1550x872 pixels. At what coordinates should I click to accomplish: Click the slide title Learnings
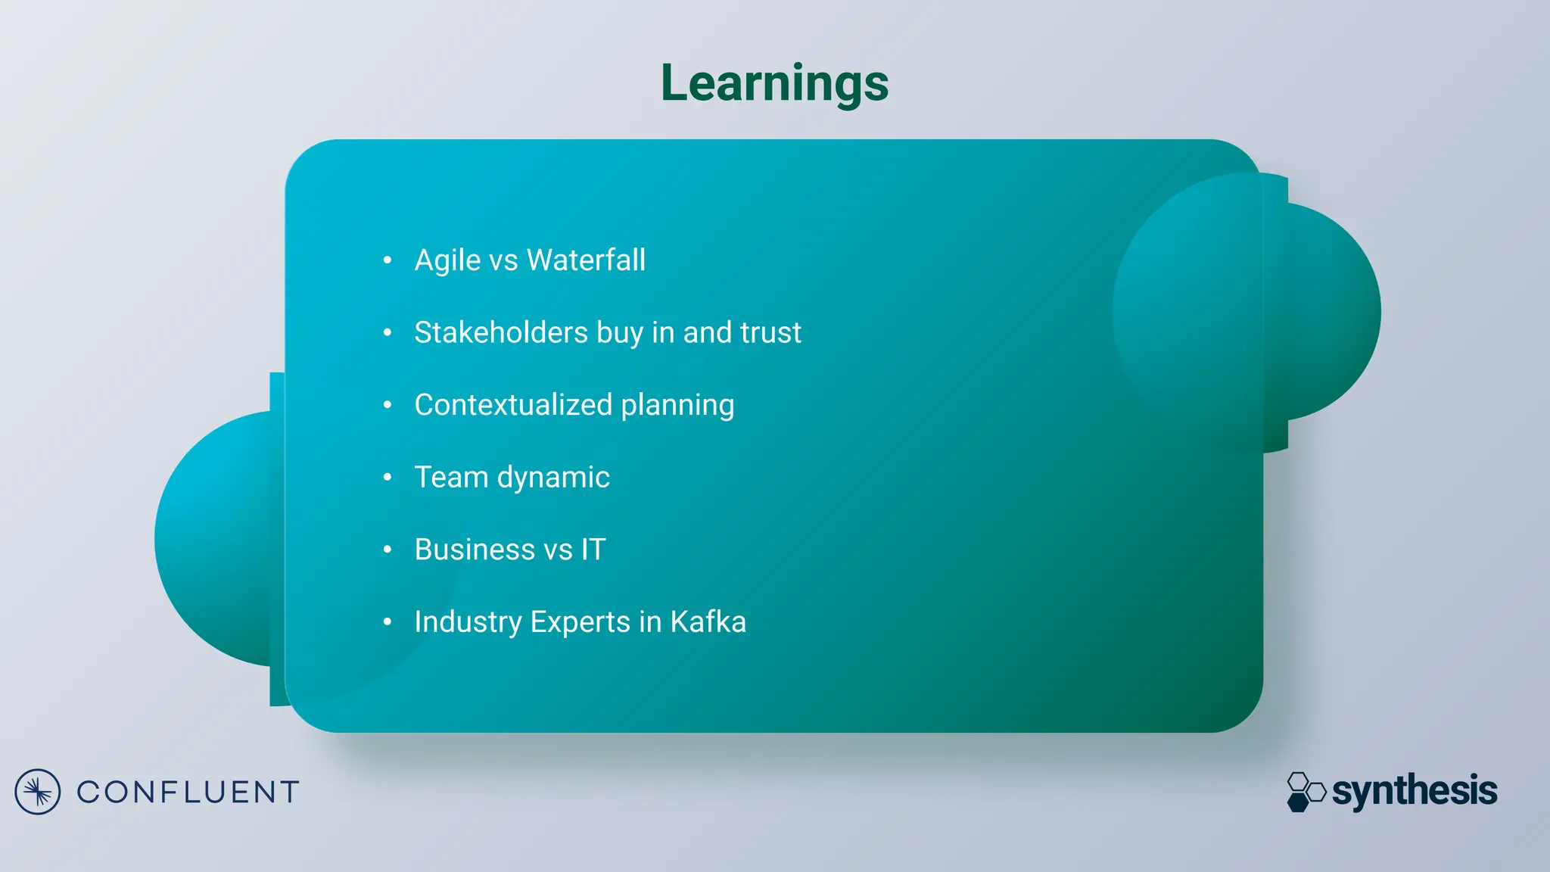774,83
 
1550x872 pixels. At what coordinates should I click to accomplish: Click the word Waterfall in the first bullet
586,260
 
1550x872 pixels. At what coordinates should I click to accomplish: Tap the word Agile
447,260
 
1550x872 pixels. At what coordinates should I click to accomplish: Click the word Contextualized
513,405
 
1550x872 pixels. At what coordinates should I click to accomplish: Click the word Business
475,550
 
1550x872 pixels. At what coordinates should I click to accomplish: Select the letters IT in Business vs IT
593,550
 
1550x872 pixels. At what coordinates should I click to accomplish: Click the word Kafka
708,622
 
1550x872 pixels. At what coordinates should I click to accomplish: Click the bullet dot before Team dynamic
387,477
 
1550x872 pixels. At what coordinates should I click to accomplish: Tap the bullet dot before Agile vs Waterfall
387,260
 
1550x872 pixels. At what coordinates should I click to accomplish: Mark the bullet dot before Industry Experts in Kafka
387,622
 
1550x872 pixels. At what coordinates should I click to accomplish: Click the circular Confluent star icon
37,792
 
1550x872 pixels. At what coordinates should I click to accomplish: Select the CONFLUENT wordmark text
188,793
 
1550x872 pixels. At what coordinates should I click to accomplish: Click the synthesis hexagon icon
1306,792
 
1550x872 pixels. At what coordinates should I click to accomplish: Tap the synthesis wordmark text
1414,792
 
